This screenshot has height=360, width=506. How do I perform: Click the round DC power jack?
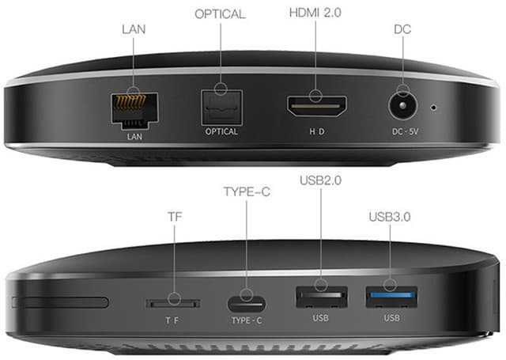pyautogui.click(x=404, y=106)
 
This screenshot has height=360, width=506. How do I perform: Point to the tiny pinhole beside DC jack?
pyautogui.click(x=433, y=105)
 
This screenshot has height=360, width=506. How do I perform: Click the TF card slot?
pyautogui.click(x=172, y=302)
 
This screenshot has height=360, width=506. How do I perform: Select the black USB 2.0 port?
pyautogui.click(x=320, y=298)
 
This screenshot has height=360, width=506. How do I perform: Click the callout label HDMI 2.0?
pyautogui.click(x=315, y=13)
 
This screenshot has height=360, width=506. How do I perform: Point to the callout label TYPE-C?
pyautogui.click(x=246, y=191)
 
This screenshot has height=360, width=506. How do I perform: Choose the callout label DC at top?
pyautogui.click(x=403, y=29)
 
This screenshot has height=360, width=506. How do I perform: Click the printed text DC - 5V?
pyautogui.click(x=404, y=131)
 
